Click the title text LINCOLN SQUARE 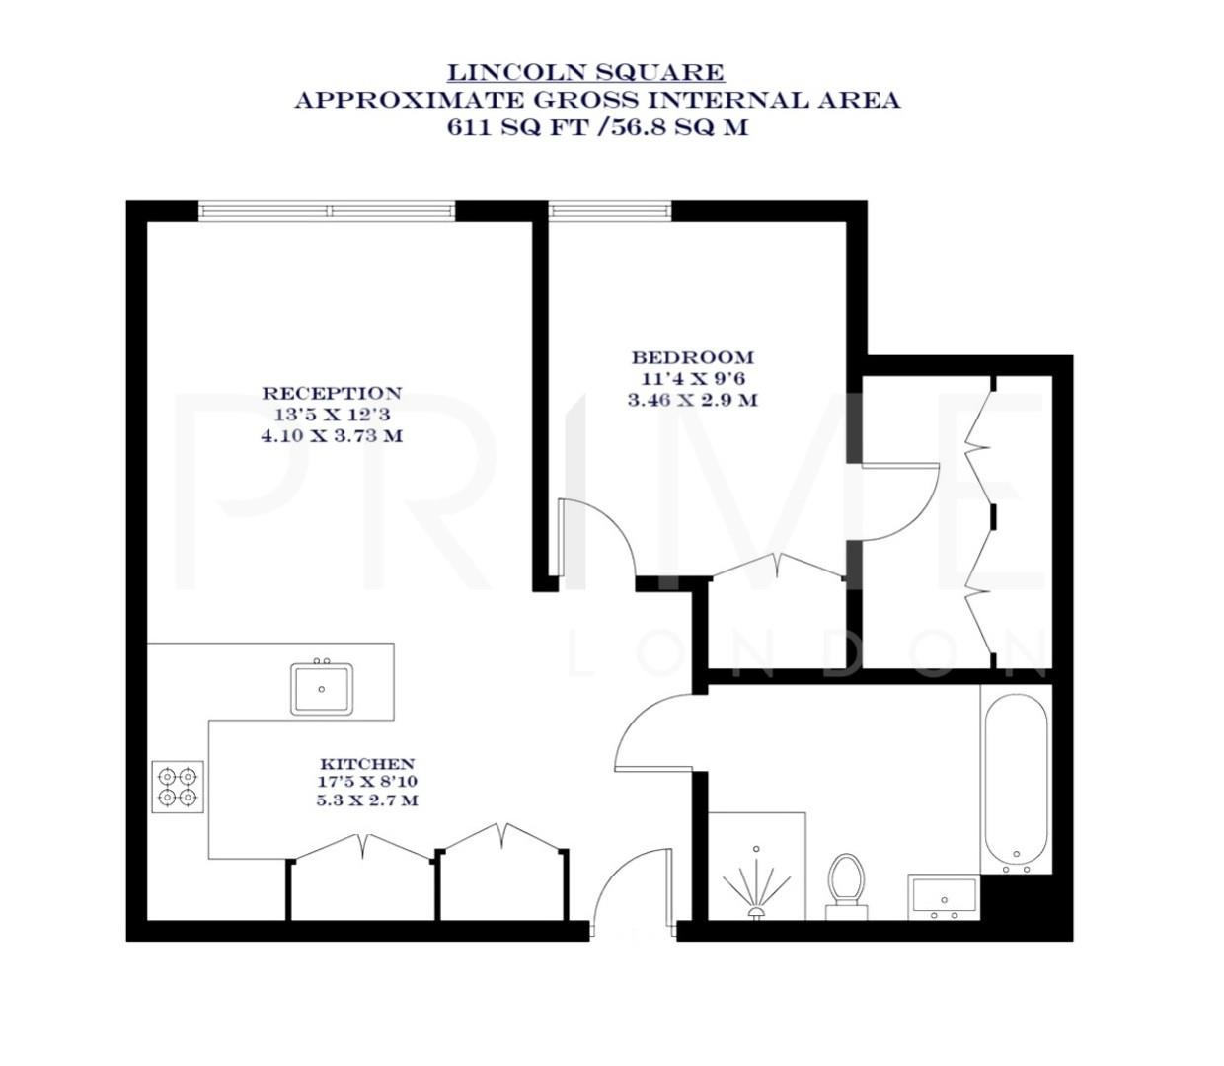pyautogui.click(x=585, y=72)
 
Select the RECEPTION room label pyautogui.click(x=332, y=393)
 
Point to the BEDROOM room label pyautogui.click(x=692, y=357)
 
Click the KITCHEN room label pyautogui.click(x=366, y=764)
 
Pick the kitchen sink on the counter pyautogui.click(x=321, y=689)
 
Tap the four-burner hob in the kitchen pyautogui.click(x=178, y=786)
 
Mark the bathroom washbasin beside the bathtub pyautogui.click(x=944, y=897)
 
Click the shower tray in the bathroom pyautogui.click(x=756, y=867)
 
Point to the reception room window pyautogui.click(x=327, y=210)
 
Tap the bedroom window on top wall pyautogui.click(x=610, y=210)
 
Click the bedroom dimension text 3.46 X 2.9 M pyautogui.click(x=692, y=400)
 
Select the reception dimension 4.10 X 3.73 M pyautogui.click(x=332, y=435)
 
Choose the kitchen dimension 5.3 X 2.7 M pyautogui.click(x=366, y=800)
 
